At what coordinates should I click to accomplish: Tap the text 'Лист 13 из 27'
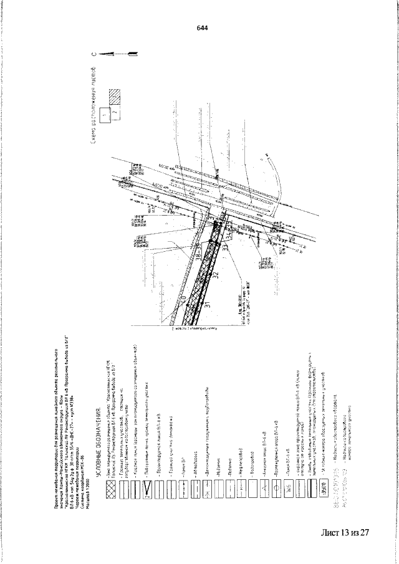(346, 533)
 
